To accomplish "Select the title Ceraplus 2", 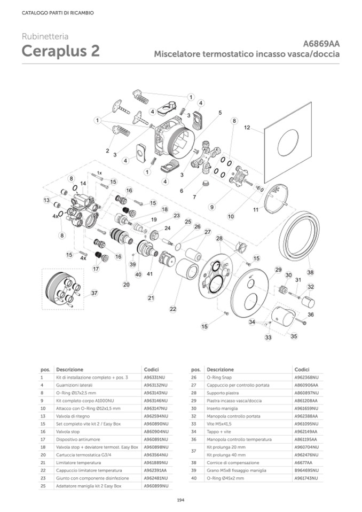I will tap(60, 52).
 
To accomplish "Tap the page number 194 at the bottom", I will tap(180, 500).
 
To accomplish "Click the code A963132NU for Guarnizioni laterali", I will tap(155, 384).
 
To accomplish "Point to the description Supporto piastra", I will tap(223, 392).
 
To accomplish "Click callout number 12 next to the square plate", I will tap(247, 128).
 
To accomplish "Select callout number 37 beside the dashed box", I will tap(94, 293).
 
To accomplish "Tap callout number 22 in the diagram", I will tap(172, 309).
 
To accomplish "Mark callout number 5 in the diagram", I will tap(219, 113).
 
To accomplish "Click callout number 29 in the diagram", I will tap(278, 269).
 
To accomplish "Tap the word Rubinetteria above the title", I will tap(45, 37).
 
